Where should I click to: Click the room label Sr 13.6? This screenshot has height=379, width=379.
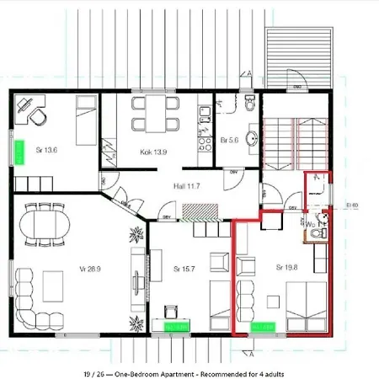(x=45, y=152)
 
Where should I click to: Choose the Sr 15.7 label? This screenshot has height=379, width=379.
(x=184, y=269)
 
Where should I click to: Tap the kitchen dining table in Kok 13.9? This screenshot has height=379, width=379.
(x=153, y=113)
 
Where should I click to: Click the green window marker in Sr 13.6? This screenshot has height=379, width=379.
(x=17, y=152)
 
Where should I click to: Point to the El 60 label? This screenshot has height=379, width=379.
(x=352, y=204)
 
